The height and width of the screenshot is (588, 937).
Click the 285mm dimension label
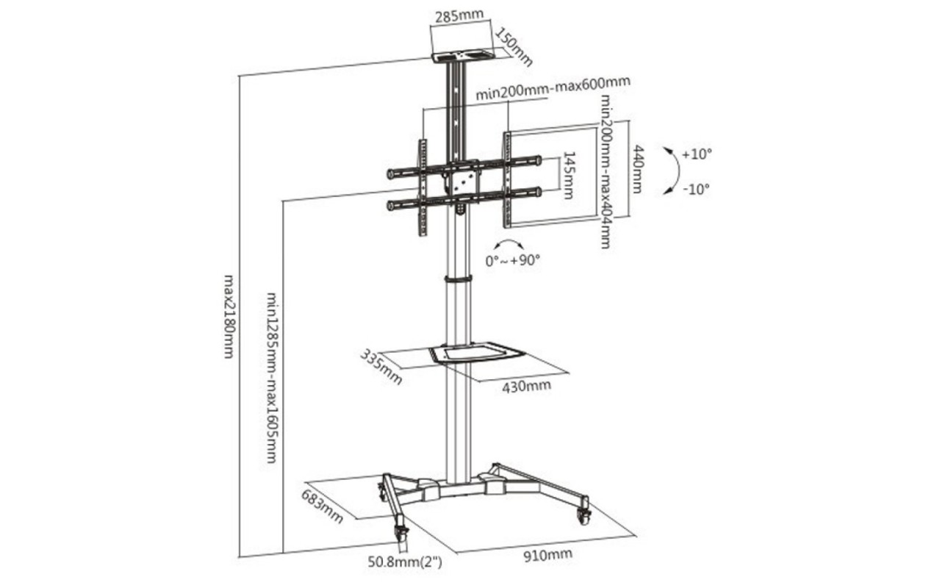tap(459, 16)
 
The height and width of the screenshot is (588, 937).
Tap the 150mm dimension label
tap(514, 47)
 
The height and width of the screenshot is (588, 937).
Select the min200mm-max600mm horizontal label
tap(553, 88)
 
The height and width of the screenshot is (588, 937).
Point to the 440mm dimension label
tap(636, 169)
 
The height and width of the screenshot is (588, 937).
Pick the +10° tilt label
tap(697, 154)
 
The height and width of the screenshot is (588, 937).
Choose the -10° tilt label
tap(697, 189)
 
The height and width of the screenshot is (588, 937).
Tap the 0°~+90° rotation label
tap(512, 260)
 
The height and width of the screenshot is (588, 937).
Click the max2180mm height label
tap(229, 316)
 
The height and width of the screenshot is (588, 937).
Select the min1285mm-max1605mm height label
tap(272, 378)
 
